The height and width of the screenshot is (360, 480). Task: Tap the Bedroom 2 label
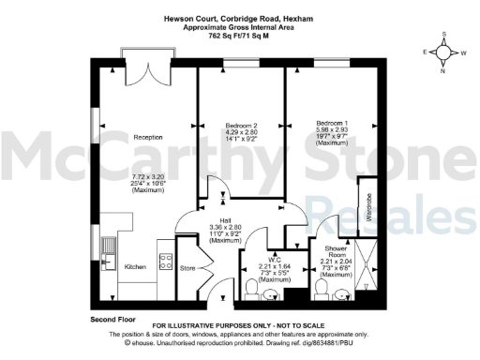click(x=240, y=126)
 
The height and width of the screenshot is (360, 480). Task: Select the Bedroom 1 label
click(x=330, y=124)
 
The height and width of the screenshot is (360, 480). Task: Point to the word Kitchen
click(x=135, y=267)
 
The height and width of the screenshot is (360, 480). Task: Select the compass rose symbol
click(x=443, y=53)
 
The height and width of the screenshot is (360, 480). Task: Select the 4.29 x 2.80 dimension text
click(x=241, y=132)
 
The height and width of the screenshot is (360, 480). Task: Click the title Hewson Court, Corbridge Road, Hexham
click(x=241, y=17)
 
